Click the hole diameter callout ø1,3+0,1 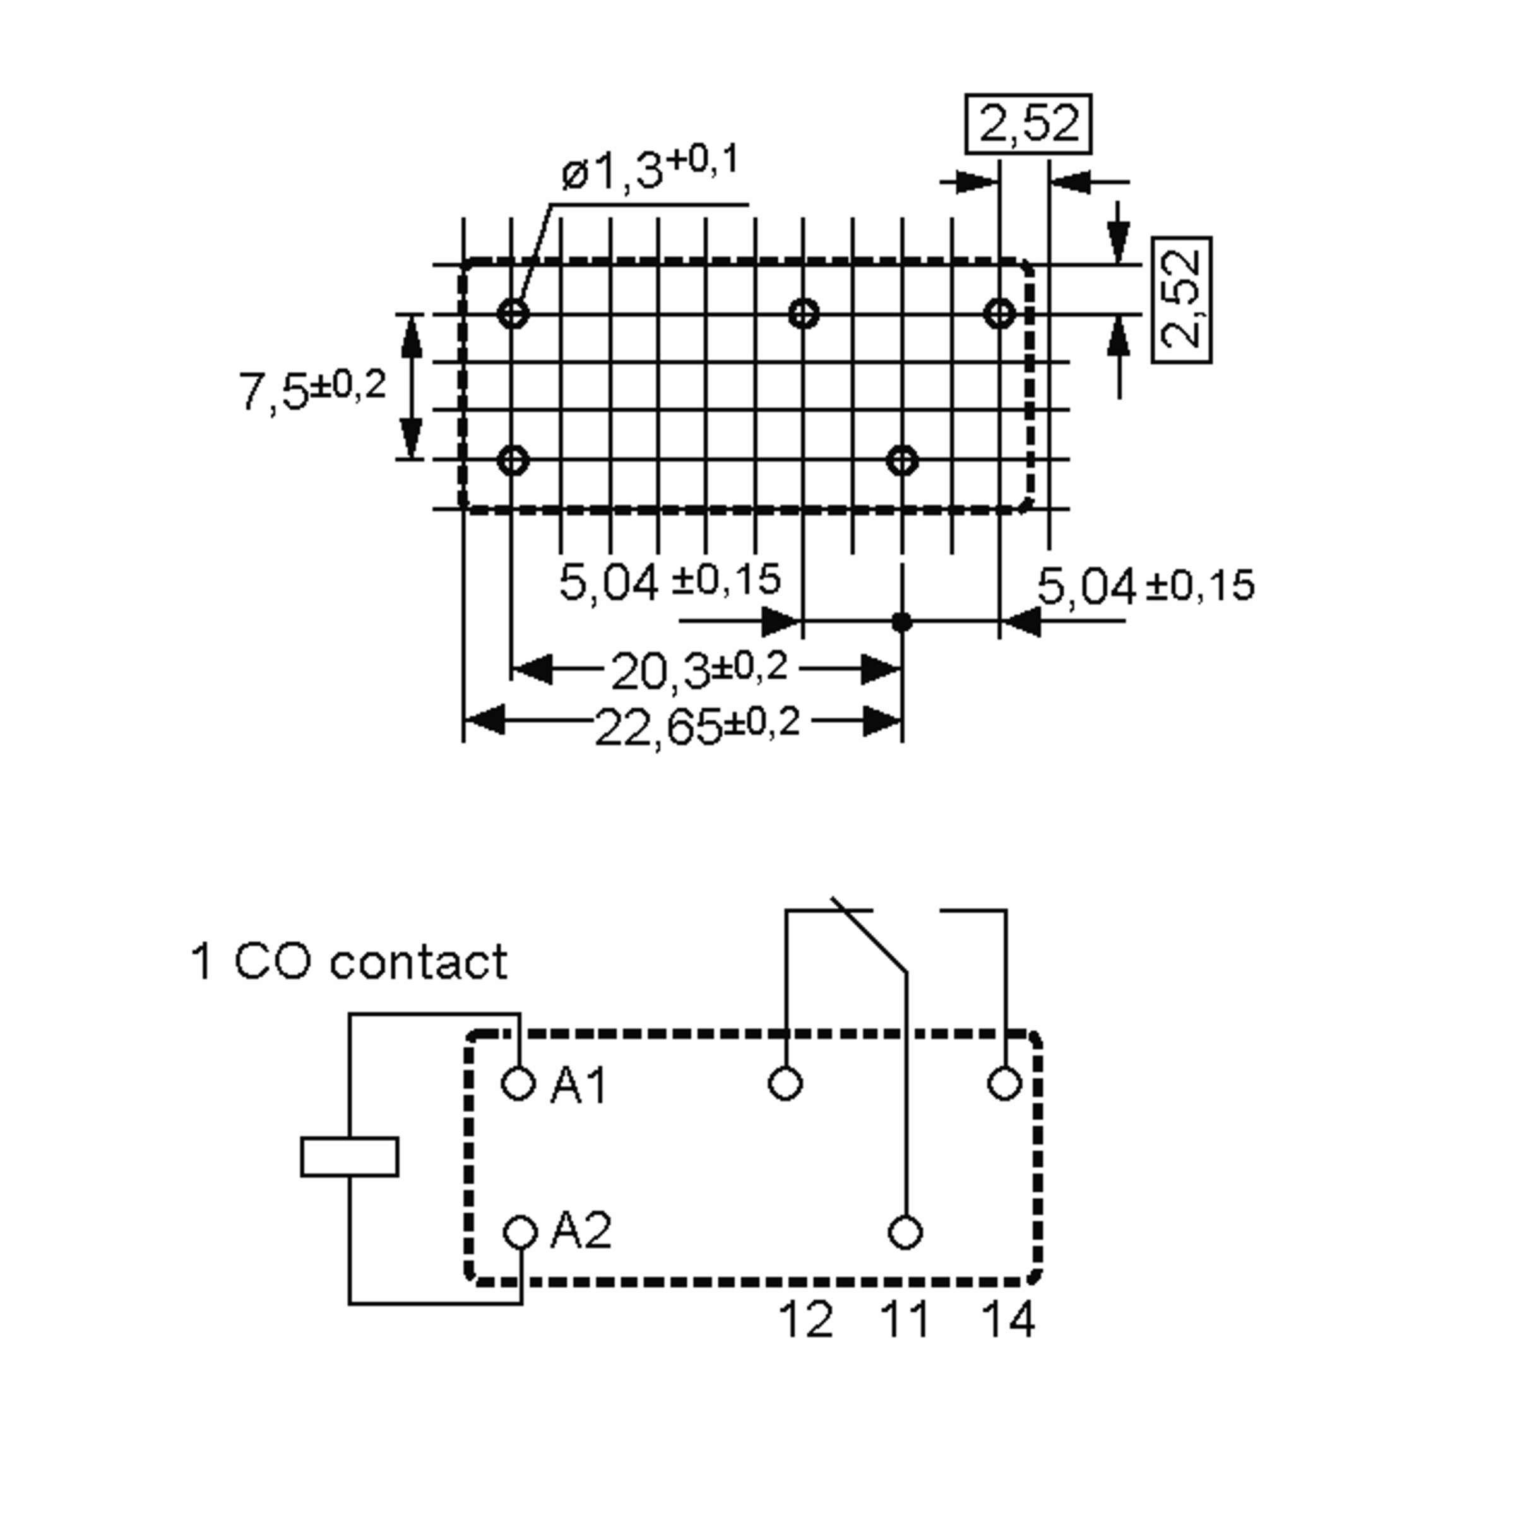click(x=650, y=167)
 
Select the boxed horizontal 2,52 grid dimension click(x=1027, y=124)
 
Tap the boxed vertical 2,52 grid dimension click(x=1181, y=300)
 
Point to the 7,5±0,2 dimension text click(x=312, y=389)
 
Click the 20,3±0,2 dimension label click(x=698, y=670)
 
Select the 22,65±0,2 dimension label click(x=696, y=725)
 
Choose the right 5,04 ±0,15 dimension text click(x=1145, y=586)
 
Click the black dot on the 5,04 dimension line click(x=902, y=622)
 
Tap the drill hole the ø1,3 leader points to click(x=513, y=314)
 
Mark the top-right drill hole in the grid click(x=1000, y=314)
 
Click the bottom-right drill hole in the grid click(x=902, y=460)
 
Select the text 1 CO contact click(x=349, y=961)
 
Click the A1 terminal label click(x=579, y=1086)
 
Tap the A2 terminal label click(x=580, y=1230)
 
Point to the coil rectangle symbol click(x=349, y=1156)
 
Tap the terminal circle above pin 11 click(x=906, y=1232)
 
